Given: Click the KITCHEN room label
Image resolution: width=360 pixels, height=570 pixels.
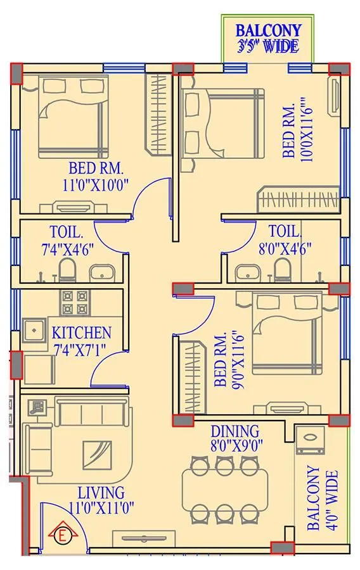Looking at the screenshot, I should [x=81, y=332].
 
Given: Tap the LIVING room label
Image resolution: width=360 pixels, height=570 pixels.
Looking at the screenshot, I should [x=101, y=493].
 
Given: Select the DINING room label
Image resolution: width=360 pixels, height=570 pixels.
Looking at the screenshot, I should [x=236, y=431].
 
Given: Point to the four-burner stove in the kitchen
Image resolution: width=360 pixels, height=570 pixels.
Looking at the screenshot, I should [x=74, y=302].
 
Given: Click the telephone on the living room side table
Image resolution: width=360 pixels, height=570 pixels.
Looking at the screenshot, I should [x=37, y=407].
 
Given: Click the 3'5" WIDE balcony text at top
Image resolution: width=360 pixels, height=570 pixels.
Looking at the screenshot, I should [x=268, y=46].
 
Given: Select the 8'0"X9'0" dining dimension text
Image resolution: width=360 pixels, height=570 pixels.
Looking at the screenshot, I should [x=236, y=445].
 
